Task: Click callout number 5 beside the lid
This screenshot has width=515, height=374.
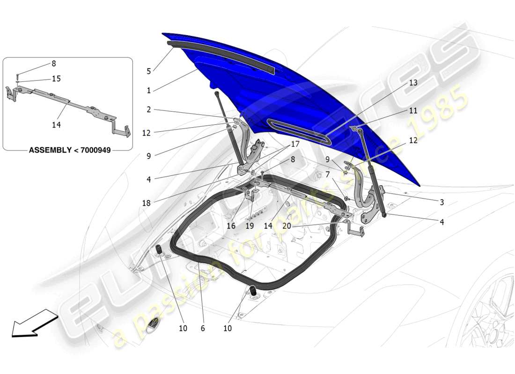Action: [148, 72]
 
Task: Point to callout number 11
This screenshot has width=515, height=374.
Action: [412, 111]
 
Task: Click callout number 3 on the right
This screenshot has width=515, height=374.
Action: [441, 202]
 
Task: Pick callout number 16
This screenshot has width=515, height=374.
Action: [231, 226]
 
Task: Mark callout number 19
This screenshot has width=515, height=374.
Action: [250, 226]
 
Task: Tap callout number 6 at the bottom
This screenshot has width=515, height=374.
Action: [203, 329]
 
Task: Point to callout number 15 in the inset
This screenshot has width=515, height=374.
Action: [56, 79]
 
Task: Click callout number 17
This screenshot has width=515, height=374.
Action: [295, 144]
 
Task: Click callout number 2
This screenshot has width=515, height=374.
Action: [148, 110]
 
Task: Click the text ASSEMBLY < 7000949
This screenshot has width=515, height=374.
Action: [70, 151]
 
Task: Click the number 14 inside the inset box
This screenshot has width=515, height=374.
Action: [56, 125]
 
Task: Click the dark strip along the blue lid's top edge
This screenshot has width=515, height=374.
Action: [220, 55]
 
